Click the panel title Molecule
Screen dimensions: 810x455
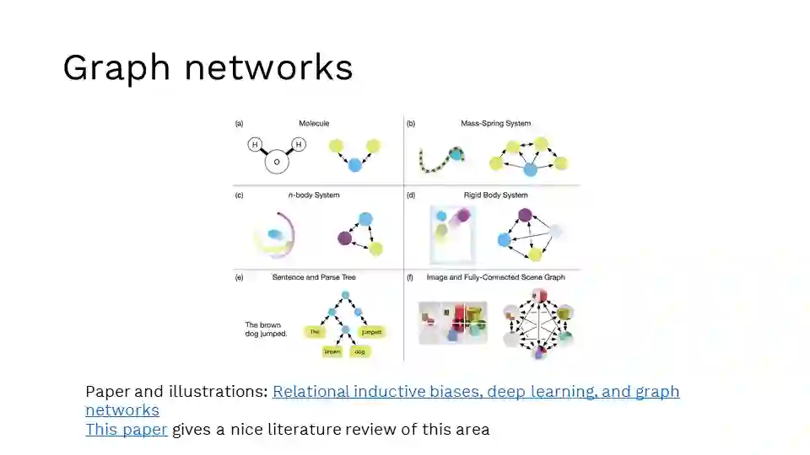click(x=313, y=124)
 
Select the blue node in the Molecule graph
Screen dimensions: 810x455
click(x=354, y=164)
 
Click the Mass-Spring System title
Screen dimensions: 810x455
click(x=495, y=124)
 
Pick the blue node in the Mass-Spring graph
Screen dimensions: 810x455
click(x=530, y=169)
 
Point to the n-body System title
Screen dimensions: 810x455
click(x=313, y=195)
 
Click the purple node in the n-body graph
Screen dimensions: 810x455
click(x=344, y=238)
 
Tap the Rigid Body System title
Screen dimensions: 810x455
click(x=495, y=195)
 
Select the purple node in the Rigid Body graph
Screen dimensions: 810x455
click(x=525, y=215)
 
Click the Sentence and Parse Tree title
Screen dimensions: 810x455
click(x=314, y=277)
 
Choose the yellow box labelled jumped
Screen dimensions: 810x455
click(x=371, y=332)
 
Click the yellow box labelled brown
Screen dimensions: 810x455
click(x=332, y=351)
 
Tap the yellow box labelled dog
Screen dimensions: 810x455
click(x=359, y=351)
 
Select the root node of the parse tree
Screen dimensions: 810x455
click(x=344, y=296)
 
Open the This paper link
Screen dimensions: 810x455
click(x=126, y=429)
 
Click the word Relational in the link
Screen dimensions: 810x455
click(x=309, y=392)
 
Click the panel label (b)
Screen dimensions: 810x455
click(x=411, y=124)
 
